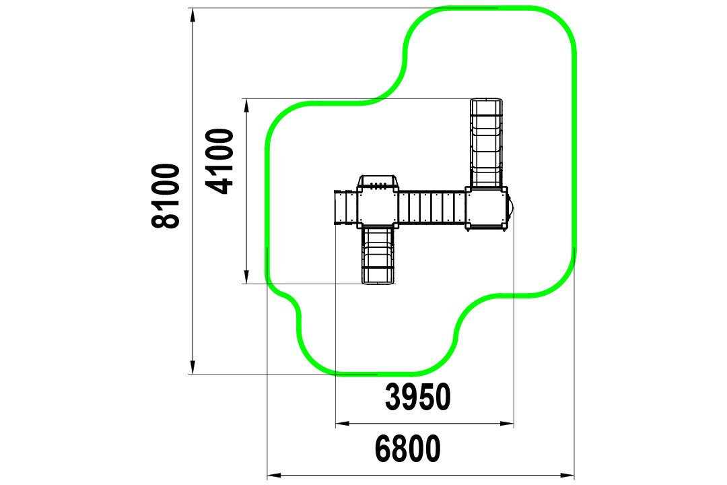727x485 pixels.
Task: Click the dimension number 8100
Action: (x=166, y=196)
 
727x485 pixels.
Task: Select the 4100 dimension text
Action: (x=219, y=161)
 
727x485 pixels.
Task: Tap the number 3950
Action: (x=418, y=397)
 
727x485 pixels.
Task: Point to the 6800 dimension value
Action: (x=407, y=449)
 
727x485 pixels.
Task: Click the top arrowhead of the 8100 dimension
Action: (x=193, y=15)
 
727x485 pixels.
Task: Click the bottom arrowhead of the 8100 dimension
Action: (x=193, y=367)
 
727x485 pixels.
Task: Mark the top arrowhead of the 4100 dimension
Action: (x=246, y=105)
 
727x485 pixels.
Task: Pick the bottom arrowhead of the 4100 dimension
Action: (x=246, y=277)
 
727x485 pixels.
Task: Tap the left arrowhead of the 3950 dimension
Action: (x=343, y=423)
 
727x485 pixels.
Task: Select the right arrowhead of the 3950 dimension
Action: (x=507, y=423)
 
